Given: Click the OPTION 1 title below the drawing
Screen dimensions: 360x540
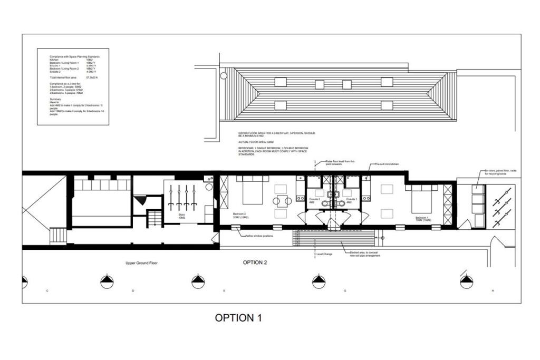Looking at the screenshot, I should (x=238, y=318).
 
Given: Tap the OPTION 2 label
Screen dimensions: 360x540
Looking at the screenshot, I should (x=255, y=262).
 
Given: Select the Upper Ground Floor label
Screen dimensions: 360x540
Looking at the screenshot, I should (x=141, y=263).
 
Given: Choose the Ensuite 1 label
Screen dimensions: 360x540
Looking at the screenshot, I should (x=352, y=200).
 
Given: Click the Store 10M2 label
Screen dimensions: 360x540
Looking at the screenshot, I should (x=182, y=216).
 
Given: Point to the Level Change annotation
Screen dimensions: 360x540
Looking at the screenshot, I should (x=324, y=254).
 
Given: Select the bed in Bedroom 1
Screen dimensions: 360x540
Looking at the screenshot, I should (x=420, y=199).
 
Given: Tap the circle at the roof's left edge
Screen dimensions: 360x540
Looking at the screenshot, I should (x=223, y=76).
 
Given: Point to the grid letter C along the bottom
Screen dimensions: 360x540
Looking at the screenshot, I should (x=47, y=291).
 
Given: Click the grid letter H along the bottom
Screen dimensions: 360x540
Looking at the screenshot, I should (x=493, y=291).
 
